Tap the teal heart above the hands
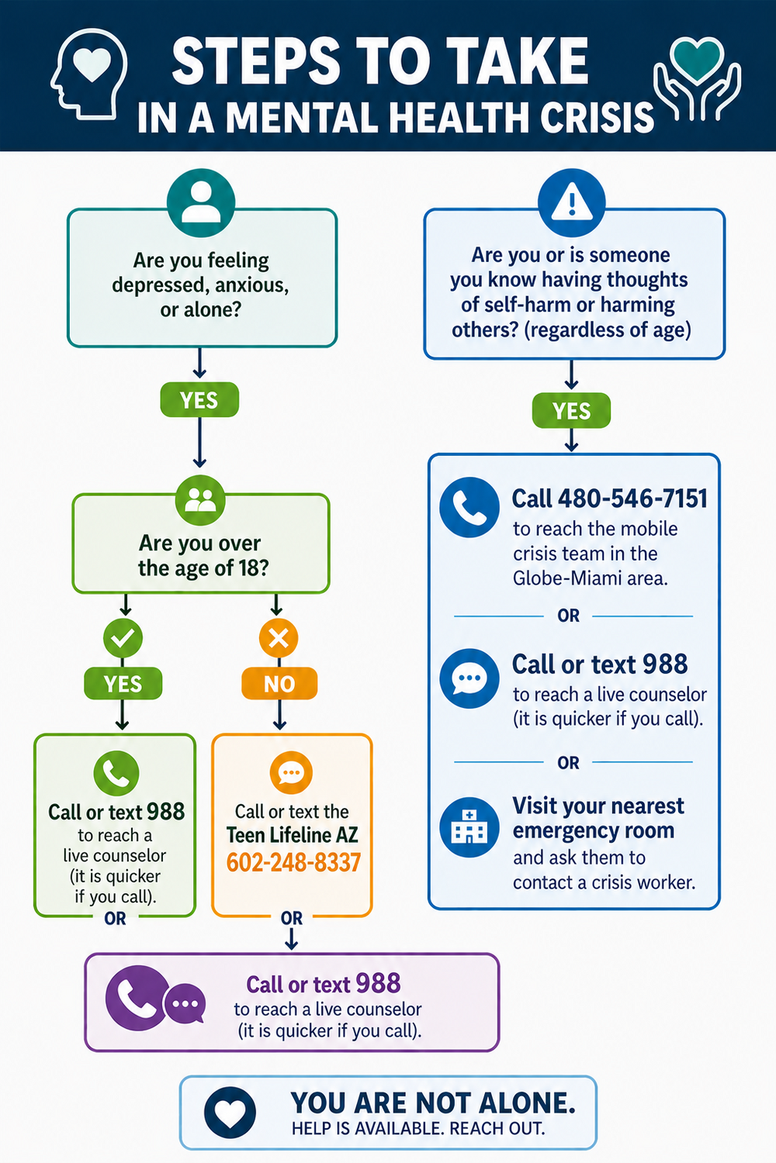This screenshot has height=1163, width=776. (697, 59)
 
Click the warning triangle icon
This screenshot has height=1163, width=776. (572, 202)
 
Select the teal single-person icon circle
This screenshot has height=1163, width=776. (201, 202)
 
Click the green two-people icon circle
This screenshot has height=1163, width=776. (200, 500)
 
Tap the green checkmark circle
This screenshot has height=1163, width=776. (123, 638)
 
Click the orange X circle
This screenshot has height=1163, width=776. (279, 638)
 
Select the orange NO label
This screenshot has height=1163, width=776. (279, 683)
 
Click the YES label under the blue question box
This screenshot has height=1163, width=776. (571, 411)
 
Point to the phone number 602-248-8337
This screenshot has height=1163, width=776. (293, 862)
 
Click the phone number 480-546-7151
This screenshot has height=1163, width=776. (632, 499)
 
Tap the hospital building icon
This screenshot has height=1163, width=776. (469, 827)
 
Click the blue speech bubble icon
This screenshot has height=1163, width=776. (469, 678)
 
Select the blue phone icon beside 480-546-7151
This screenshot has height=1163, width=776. (469, 507)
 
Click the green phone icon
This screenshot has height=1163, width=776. (116, 773)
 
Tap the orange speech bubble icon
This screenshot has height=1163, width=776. (291, 773)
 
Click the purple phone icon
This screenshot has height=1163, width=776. (137, 998)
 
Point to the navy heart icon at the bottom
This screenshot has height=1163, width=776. (230, 1112)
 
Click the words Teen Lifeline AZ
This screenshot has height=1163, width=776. (292, 835)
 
